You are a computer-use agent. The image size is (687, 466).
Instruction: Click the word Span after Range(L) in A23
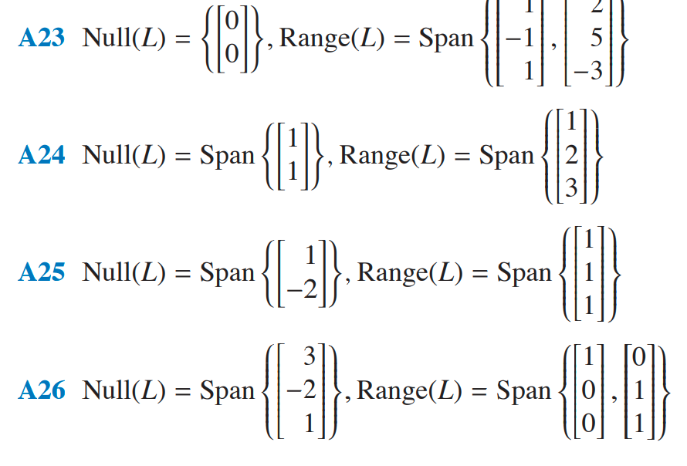pos(445,39)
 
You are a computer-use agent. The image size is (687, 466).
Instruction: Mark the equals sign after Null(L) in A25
pos(184,273)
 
